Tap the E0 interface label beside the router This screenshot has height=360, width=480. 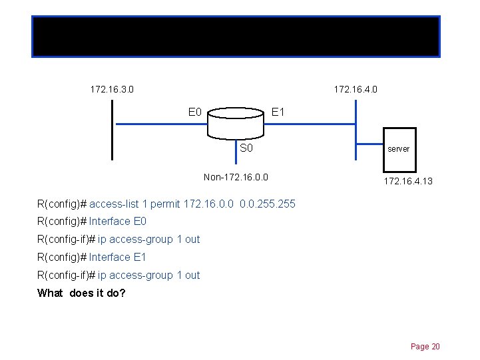click(x=195, y=112)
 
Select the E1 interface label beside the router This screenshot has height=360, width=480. click(x=278, y=112)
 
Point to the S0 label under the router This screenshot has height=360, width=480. click(x=246, y=148)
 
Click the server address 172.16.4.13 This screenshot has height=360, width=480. click(x=407, y=180)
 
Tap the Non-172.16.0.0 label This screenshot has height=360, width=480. click(x=236, y=177)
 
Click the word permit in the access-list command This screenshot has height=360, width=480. click(x=166, y=203)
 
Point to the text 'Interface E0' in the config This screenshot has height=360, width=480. click(x=118, y=221)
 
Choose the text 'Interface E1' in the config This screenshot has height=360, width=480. click(x=118, y=257)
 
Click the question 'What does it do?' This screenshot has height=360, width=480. click(x=81, y=293)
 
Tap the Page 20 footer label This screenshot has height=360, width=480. click(x=425, y=346)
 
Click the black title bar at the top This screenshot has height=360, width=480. click(x=236, y=37)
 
